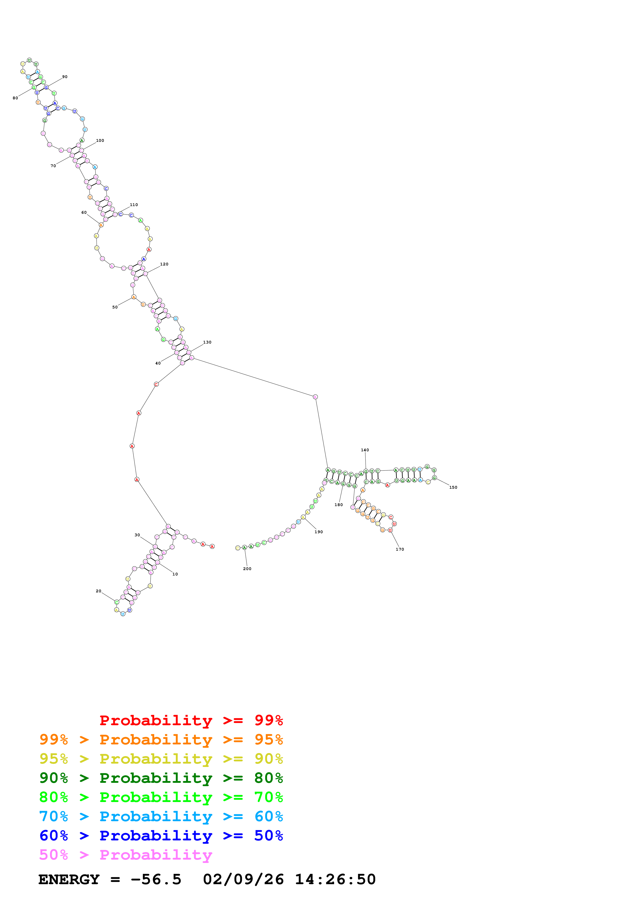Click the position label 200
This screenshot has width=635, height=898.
point(247,569)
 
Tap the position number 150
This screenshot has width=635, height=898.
point(453,487)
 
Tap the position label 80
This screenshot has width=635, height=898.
point(15,98)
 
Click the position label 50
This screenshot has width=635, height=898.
point(115,307)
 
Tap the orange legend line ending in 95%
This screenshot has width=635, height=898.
point(161,740)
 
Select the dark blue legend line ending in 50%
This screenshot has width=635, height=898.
point(161,836)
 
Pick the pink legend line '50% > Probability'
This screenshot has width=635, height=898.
point(126,854)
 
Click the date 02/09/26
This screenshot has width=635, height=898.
point(243,879)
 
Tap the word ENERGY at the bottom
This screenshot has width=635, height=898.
point(69,879)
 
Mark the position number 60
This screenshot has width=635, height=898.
point(84,212)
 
